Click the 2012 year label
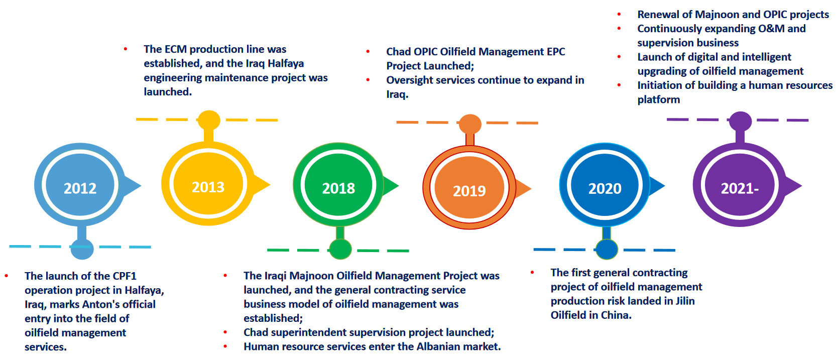tap(80, 188)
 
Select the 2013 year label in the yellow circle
tap(208, 187)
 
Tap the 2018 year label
tap(338, 188)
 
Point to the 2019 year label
tap(469, 191)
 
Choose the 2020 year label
tap(605, 188)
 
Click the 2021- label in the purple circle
tap(740, 188)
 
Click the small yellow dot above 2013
tap(209, 120)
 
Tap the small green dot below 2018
tap(340, 249)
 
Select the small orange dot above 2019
tap(470, 124)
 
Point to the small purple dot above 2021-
tap(741, 121)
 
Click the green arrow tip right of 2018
tap(399, 185)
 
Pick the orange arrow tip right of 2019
tap(531, 188)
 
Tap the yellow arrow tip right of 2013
tap(270, 184)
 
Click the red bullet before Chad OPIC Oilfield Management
tap(368, 51)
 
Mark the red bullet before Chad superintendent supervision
tap(225, 332)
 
